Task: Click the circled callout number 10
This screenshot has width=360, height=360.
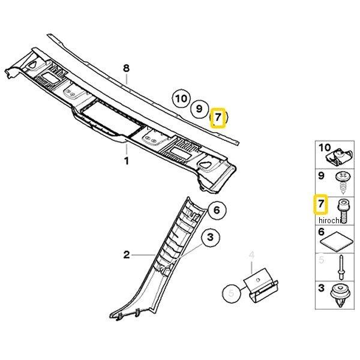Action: click(181, 98)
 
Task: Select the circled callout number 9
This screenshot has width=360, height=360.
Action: click(199, 108)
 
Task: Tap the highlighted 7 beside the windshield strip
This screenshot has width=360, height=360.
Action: click(218, 118)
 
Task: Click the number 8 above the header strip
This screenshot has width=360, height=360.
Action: click(126, 68)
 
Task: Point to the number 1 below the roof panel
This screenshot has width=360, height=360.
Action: click(127, 161)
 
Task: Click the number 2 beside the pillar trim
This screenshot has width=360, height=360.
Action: click(127, 254)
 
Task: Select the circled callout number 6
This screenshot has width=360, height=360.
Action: click(217, 210)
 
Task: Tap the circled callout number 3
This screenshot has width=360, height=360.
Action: click(211, 237)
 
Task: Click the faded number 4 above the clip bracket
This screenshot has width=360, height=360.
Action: click(252, 255)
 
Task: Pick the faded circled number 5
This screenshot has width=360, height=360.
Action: click(232, 293)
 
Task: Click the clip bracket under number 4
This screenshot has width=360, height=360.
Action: click(260, 286)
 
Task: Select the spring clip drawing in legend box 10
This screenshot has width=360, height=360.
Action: click(339, 157)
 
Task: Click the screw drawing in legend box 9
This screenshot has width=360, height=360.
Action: click(342, 182)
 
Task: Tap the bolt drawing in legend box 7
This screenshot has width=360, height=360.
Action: click(342, 211)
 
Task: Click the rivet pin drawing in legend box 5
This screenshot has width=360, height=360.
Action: click(341, 267)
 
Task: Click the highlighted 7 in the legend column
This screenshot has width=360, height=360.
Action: click(321, 204)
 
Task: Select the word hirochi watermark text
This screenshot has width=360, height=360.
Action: click(329, 220)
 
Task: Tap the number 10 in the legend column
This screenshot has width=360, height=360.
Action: click(325, 148)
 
